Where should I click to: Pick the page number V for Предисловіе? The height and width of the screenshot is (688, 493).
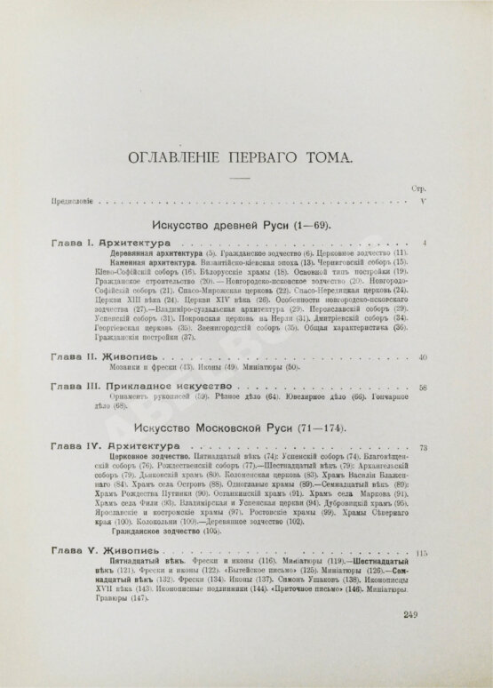point(425,202)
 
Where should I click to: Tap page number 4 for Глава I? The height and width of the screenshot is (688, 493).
point(426,243)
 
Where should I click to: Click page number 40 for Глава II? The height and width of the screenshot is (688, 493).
point(424,357)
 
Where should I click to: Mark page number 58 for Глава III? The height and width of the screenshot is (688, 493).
point(424,388)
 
